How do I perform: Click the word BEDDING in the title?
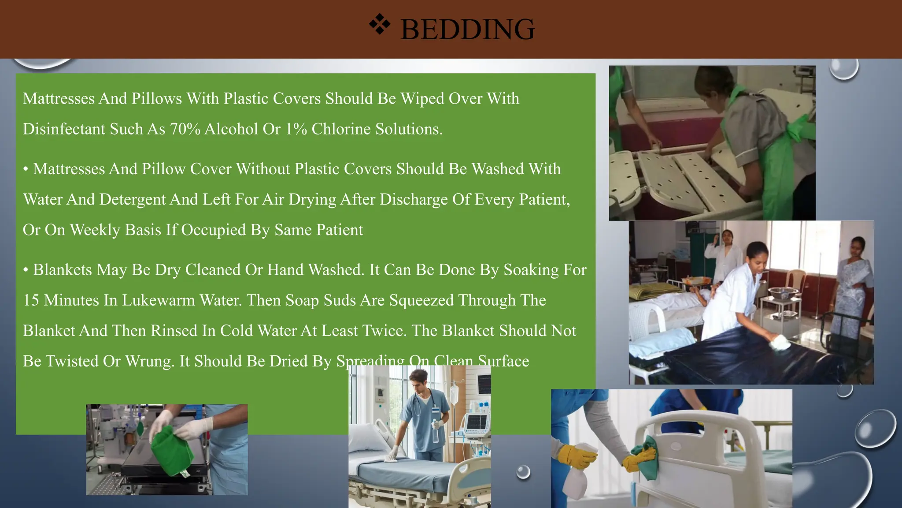click(467, 30)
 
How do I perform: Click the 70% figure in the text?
click(185, 129)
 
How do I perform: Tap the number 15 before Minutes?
click(31, 300)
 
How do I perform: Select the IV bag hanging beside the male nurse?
click(454, 392)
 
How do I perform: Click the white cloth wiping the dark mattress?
click(780, 342)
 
